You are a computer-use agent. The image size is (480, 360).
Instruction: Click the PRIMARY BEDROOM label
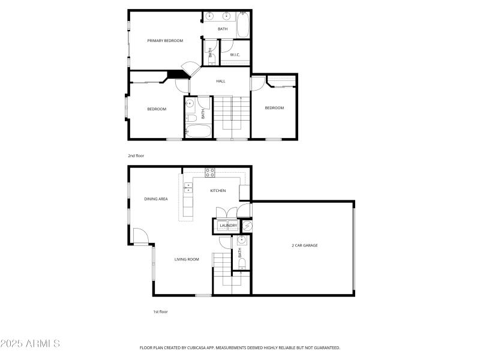165,41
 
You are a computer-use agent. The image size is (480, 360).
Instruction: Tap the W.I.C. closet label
235,55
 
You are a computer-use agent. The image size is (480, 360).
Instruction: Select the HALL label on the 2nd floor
221,81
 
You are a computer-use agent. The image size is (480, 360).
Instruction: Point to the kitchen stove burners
210,173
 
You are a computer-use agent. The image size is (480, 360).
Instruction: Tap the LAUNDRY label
228,226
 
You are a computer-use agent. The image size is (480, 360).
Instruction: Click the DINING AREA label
156,199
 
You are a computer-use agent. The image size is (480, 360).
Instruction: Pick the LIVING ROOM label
187,259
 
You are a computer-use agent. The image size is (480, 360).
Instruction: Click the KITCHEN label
218,191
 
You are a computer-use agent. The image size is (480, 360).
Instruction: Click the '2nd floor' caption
136,155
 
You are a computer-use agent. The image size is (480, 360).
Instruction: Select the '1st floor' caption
160,312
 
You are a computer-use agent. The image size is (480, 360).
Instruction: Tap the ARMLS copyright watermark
30,344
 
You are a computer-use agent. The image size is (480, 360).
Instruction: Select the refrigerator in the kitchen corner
245,193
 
